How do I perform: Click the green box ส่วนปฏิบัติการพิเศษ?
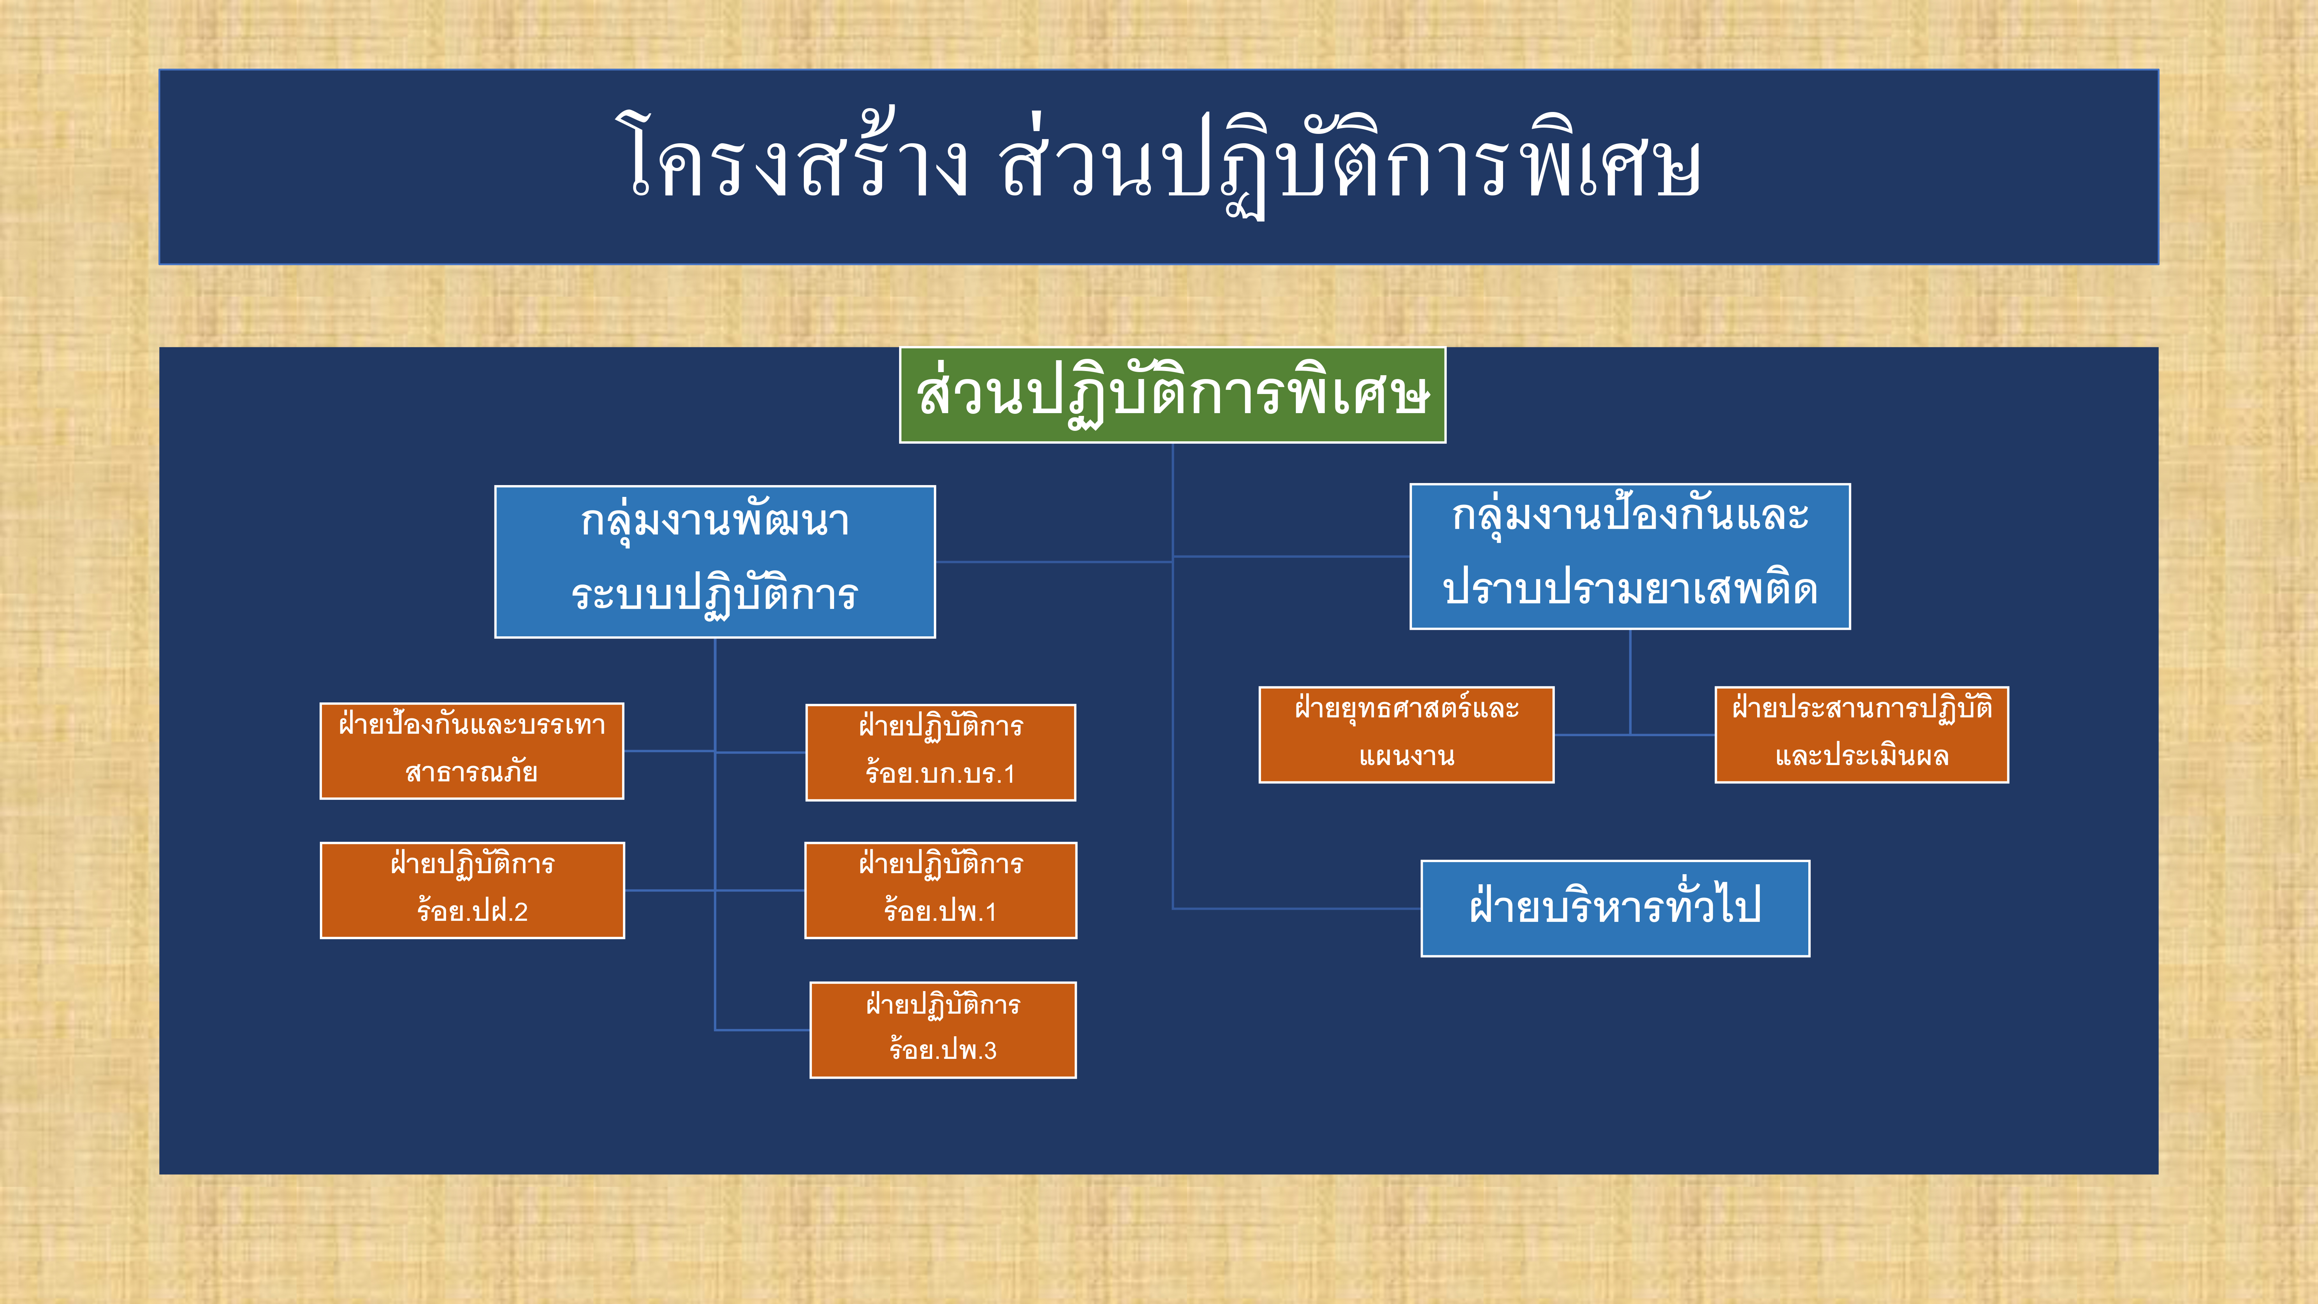coord(1172,395)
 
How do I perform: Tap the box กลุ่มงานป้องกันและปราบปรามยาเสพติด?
coord(1630,556)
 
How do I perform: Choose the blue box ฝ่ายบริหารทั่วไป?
coord(1615,908)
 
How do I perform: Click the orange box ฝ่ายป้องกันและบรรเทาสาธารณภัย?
coord(471,750)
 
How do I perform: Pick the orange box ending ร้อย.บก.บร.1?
coord(940,752)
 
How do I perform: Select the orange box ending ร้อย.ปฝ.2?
coord(473,890)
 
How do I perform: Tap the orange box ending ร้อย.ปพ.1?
coord(940,890)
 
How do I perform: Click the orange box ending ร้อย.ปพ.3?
coord(943,1030)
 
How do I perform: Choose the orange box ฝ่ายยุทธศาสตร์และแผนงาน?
coord(1406,734)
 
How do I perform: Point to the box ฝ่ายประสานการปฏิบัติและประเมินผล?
coord(1862,734)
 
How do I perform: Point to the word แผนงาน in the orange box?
coord(1406,756)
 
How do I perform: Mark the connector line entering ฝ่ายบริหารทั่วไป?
coord(1297,908)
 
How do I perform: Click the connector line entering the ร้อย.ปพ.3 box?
coord(762,1030)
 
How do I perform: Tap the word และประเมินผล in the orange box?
coord(1862,756)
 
